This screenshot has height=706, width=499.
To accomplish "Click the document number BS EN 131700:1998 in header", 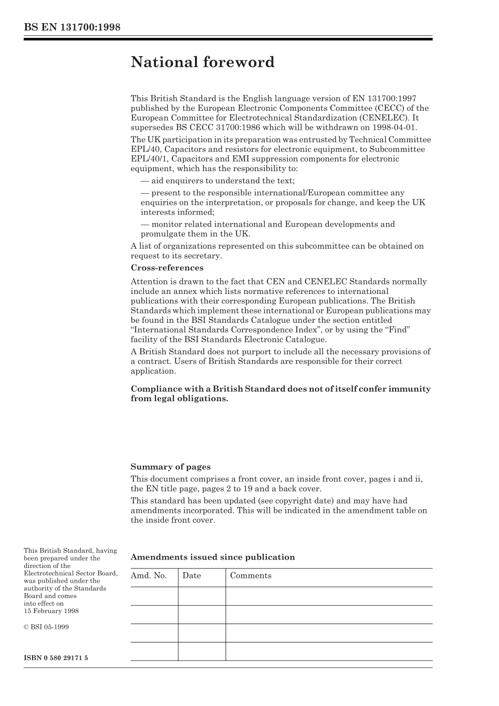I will [x=72, y=27].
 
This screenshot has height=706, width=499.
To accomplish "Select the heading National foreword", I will [x=202, y=62].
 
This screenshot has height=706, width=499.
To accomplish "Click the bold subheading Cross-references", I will [x=167, y=268].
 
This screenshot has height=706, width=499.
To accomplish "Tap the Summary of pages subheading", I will [x=170, y=467].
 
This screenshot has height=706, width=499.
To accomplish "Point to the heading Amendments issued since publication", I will [x=212, y=557].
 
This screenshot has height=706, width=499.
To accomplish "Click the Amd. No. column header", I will [x=149, y=576].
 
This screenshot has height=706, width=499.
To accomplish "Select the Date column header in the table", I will [x=192, y=576].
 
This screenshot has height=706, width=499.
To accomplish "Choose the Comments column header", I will [x=251, y=576].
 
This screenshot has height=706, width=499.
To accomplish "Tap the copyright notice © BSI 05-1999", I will [x=46, y=627].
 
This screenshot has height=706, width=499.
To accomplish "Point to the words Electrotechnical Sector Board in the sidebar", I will [x=70, y=573].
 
